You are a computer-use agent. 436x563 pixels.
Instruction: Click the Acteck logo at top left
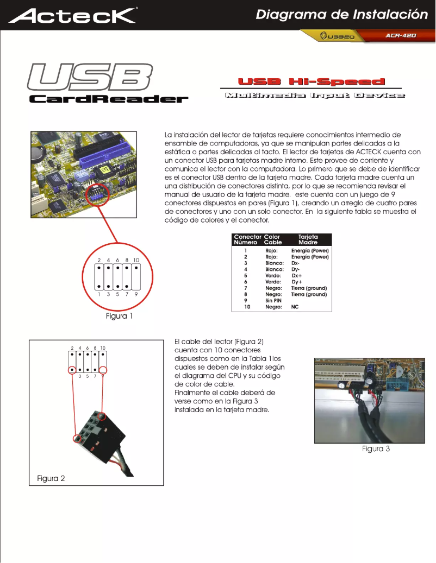pos(73,15)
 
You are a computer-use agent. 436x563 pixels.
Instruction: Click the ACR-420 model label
pos(401,35)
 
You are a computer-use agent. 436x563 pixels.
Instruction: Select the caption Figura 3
pos(376,448)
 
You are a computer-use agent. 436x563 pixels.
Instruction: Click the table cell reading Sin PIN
pos(273,300)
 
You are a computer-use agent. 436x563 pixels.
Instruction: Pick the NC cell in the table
pos(296,307)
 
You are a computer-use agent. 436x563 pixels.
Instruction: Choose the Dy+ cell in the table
pos(297,282)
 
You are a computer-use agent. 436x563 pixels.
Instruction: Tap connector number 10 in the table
pos(246,307)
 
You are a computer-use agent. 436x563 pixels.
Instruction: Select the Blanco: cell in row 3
pos(274,263)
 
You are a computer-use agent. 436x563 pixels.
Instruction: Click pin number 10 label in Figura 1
pos(136,261)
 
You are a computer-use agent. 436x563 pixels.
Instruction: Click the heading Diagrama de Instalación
pos(346,14)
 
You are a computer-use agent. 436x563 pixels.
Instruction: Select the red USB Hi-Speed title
pos(311,82)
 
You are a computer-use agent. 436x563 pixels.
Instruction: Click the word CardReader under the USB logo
pos(108,99)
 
